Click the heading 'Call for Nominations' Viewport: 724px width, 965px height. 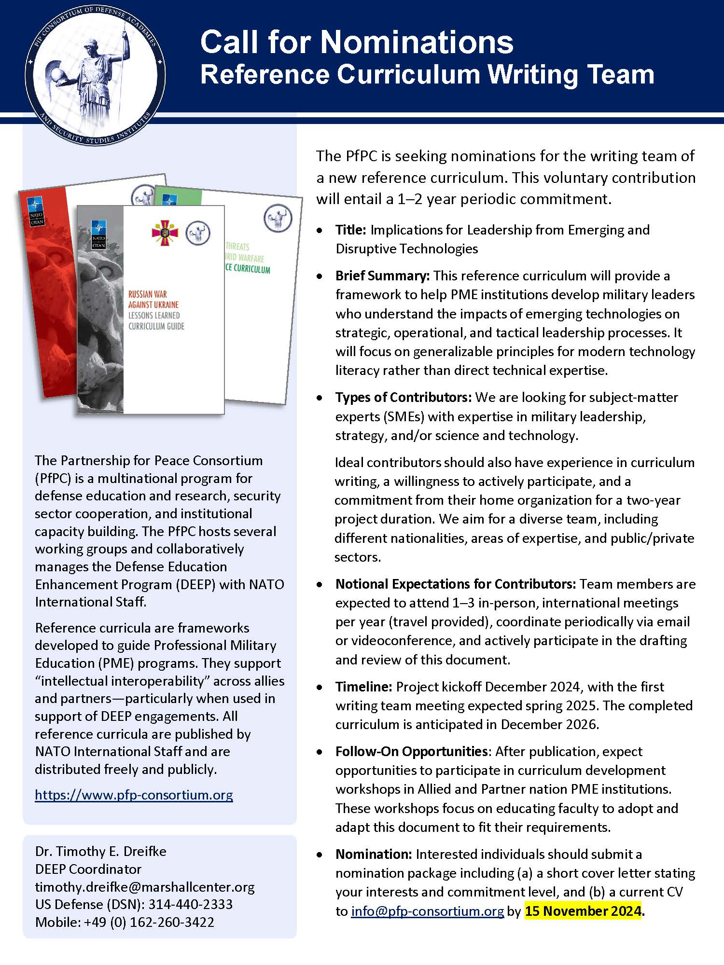(x=357, y=42)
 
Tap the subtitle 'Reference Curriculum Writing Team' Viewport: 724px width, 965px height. (x=427, y=75)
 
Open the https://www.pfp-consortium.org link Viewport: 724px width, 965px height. (x=134, y=795)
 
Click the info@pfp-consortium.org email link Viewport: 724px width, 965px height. (x=427, y=911)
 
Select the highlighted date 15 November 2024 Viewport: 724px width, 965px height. (x=583, y=911)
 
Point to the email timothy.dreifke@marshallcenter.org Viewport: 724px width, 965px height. (x=144, y=887)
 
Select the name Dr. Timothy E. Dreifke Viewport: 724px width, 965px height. (x=100, y=851)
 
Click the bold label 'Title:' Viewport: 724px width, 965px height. (x=351, y=230)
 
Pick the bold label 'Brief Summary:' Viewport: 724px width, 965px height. (x=382, y=276)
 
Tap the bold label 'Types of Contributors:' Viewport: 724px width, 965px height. (x=403, y=397)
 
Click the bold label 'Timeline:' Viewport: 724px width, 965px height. (x=364, y=687)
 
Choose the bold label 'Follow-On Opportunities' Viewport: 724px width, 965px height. (x=411, y=751)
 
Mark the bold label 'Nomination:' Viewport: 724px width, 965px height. (x=374, y=854)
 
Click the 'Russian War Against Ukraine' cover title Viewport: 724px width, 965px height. (x=153, y=299)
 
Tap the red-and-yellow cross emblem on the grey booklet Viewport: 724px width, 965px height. (x=165, y=233)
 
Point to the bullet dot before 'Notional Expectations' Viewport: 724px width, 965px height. (x=320, y=585)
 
